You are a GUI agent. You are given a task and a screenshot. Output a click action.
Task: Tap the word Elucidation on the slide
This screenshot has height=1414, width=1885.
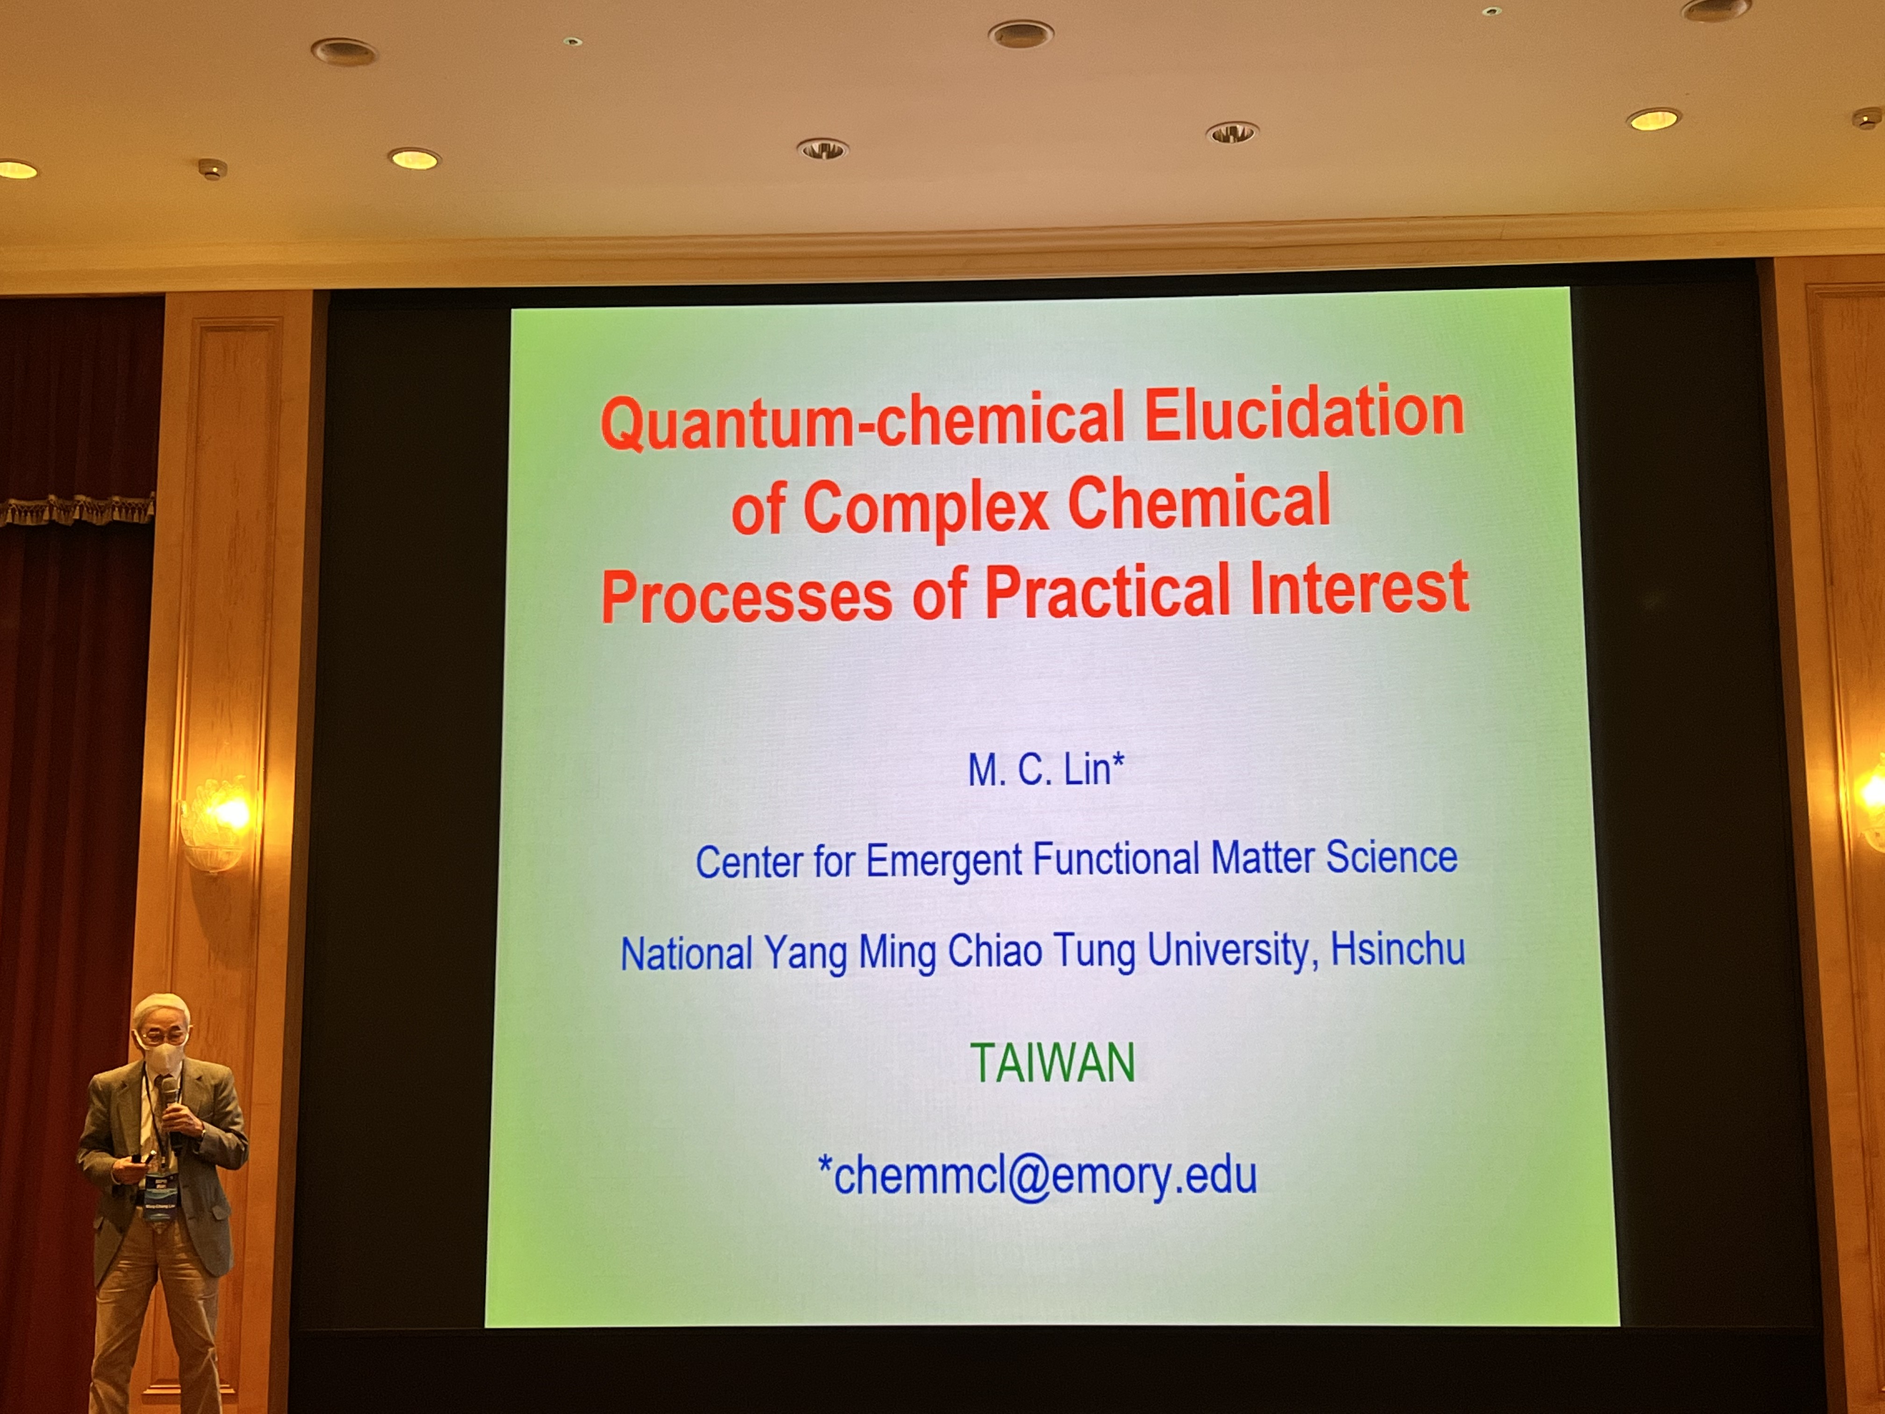point(1304,411)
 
